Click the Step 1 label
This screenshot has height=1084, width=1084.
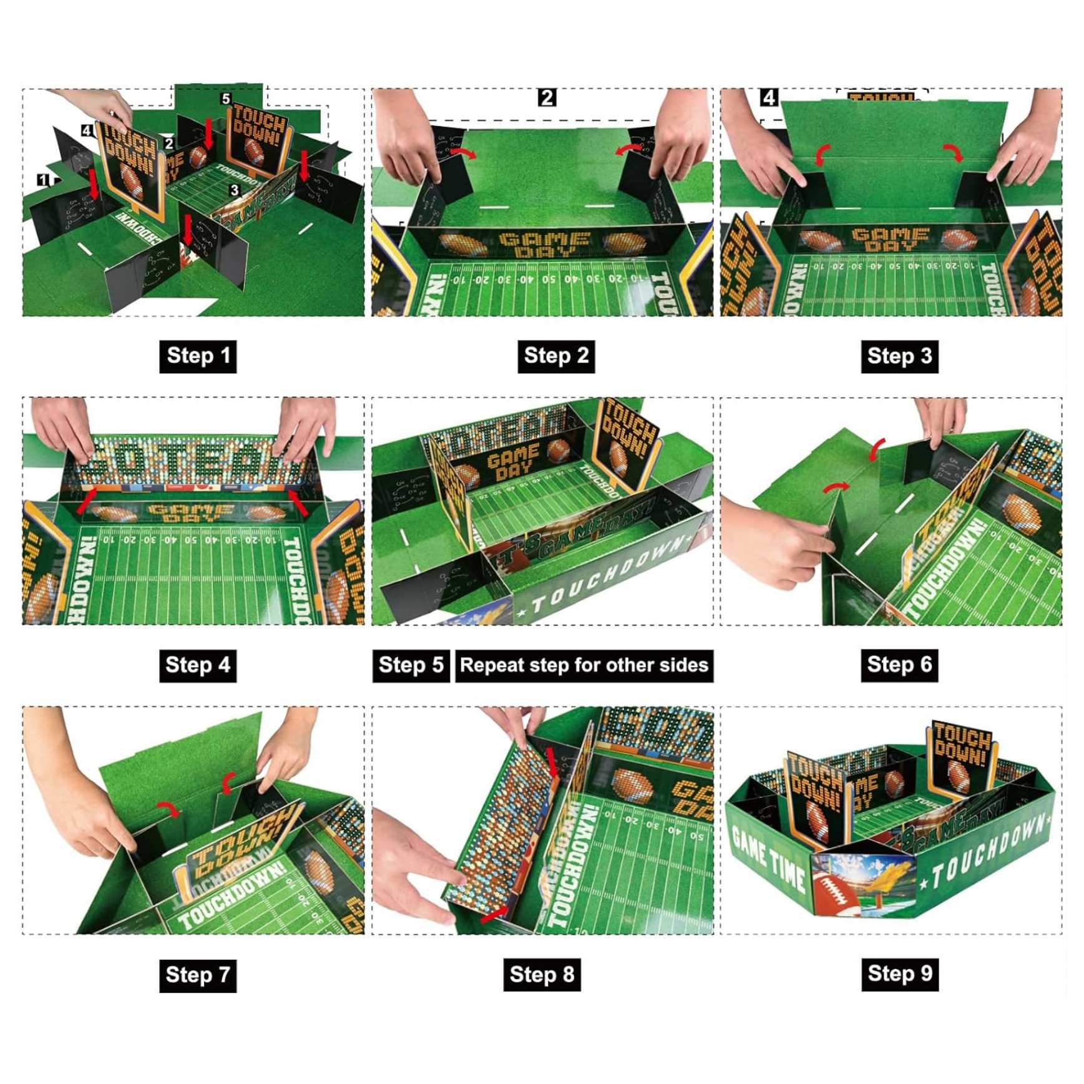click(198, 356)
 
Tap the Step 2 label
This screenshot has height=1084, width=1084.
click(555, 356)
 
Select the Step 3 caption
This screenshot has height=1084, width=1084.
click(899, 356)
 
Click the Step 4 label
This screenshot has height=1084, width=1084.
click(198, 665)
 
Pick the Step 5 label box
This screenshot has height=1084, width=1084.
click(411, 665)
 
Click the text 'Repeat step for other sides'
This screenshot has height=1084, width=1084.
click(584, 665)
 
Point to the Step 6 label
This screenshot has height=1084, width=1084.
click(899, 665)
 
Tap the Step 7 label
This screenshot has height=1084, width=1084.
click(198, 975)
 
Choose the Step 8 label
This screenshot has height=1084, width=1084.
click(542, 975)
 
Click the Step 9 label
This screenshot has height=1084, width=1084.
click(899, 974)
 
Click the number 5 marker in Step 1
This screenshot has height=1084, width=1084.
click(226, 99)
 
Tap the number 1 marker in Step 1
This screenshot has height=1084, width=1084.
click(42, 180)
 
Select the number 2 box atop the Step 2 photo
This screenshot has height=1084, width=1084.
click(547, 98)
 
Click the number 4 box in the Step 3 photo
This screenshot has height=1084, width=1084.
click(769, 98)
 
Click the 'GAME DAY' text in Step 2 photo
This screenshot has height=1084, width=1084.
click(544, 244)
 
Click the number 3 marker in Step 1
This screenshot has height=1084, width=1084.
click(234, 190)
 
